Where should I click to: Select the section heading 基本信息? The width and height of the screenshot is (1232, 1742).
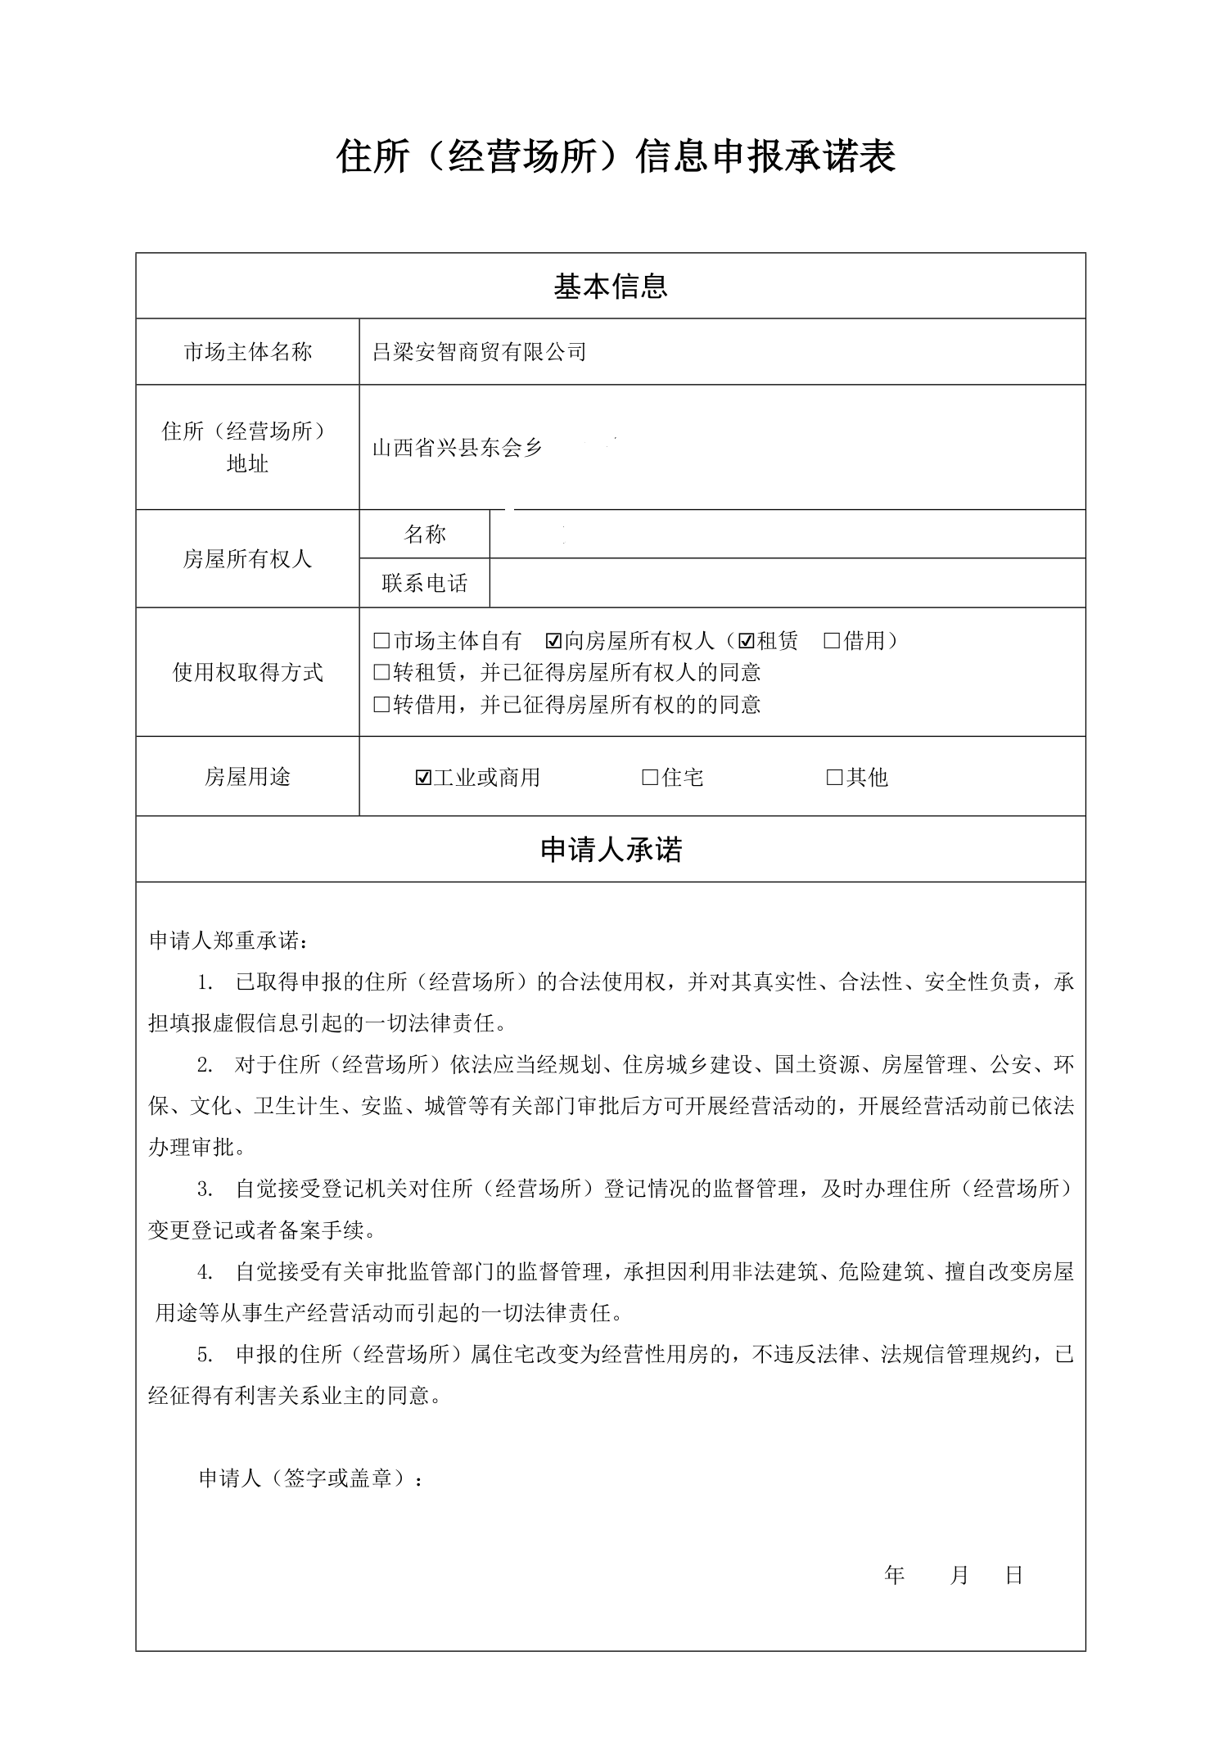[x=611, y=286]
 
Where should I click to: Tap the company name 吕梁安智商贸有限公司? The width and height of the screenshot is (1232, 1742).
[x=480, y=352]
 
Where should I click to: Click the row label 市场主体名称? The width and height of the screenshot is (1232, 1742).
[x=247, y=352]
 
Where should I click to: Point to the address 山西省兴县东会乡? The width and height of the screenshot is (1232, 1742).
[x=458, y=448]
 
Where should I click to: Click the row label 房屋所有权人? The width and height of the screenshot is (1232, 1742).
[x=247, y=559]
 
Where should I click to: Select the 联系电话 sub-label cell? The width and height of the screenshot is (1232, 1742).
[x=424, y=584]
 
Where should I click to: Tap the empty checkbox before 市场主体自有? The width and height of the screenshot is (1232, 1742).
[x=381, y=641]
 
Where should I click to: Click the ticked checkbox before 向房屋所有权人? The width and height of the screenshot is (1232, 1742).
[x=553, y=641]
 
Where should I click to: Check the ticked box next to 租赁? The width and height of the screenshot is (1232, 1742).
[x=747, y=641]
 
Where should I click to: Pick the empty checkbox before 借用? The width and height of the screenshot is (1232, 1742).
[x=833, y=641]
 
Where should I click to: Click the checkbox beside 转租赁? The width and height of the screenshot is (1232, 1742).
[x=381, y=673]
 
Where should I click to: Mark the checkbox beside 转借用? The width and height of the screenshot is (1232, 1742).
[x=381, y=705]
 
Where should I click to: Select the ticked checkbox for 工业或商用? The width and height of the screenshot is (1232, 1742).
[x=423, y=778]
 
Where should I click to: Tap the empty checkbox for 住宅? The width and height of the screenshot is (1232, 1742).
[x=651, y=778]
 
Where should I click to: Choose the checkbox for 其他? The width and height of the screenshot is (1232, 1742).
[x=835, y=778]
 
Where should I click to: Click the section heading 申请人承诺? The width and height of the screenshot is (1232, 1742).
[x=611, y=850]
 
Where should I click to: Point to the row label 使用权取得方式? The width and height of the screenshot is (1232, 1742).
[x=247, y=673]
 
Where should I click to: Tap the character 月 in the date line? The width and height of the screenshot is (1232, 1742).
[x=959, y=1575]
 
